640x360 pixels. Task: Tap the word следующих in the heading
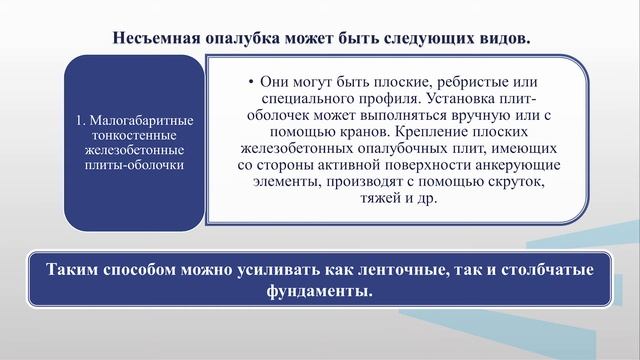[419, 38]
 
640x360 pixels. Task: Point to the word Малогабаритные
[142, 120]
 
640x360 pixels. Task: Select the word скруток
[516, 182]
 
